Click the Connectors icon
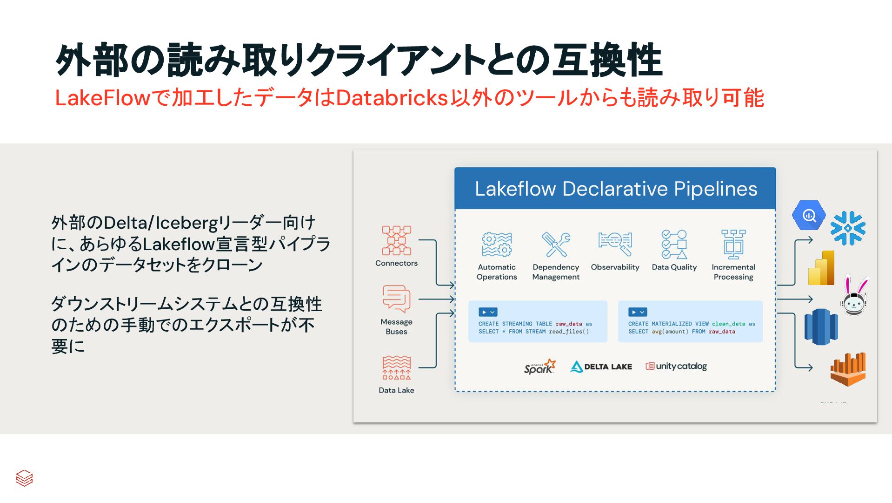[x=396, y=240]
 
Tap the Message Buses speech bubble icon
[x=396, y=299]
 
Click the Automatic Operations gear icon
[x=497, y=245]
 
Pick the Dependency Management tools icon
[x=556, y=245]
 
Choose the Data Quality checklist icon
[x=674, y=244]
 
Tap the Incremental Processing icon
[x=733, y=244]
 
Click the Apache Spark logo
[x=539, y=367]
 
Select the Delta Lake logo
[x=601, y=367]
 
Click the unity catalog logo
[x=676, y=367]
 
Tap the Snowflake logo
[x=848, y=228]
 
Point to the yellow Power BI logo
[x=821, y=268]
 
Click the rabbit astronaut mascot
[x=855, y=296]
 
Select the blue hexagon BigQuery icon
[x=809, y=215]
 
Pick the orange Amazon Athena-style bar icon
[x=848, y=369]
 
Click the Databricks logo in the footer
[x=24, y=478]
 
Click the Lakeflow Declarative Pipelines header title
[x=616, y=189]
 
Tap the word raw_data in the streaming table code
[x=568, y=324]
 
